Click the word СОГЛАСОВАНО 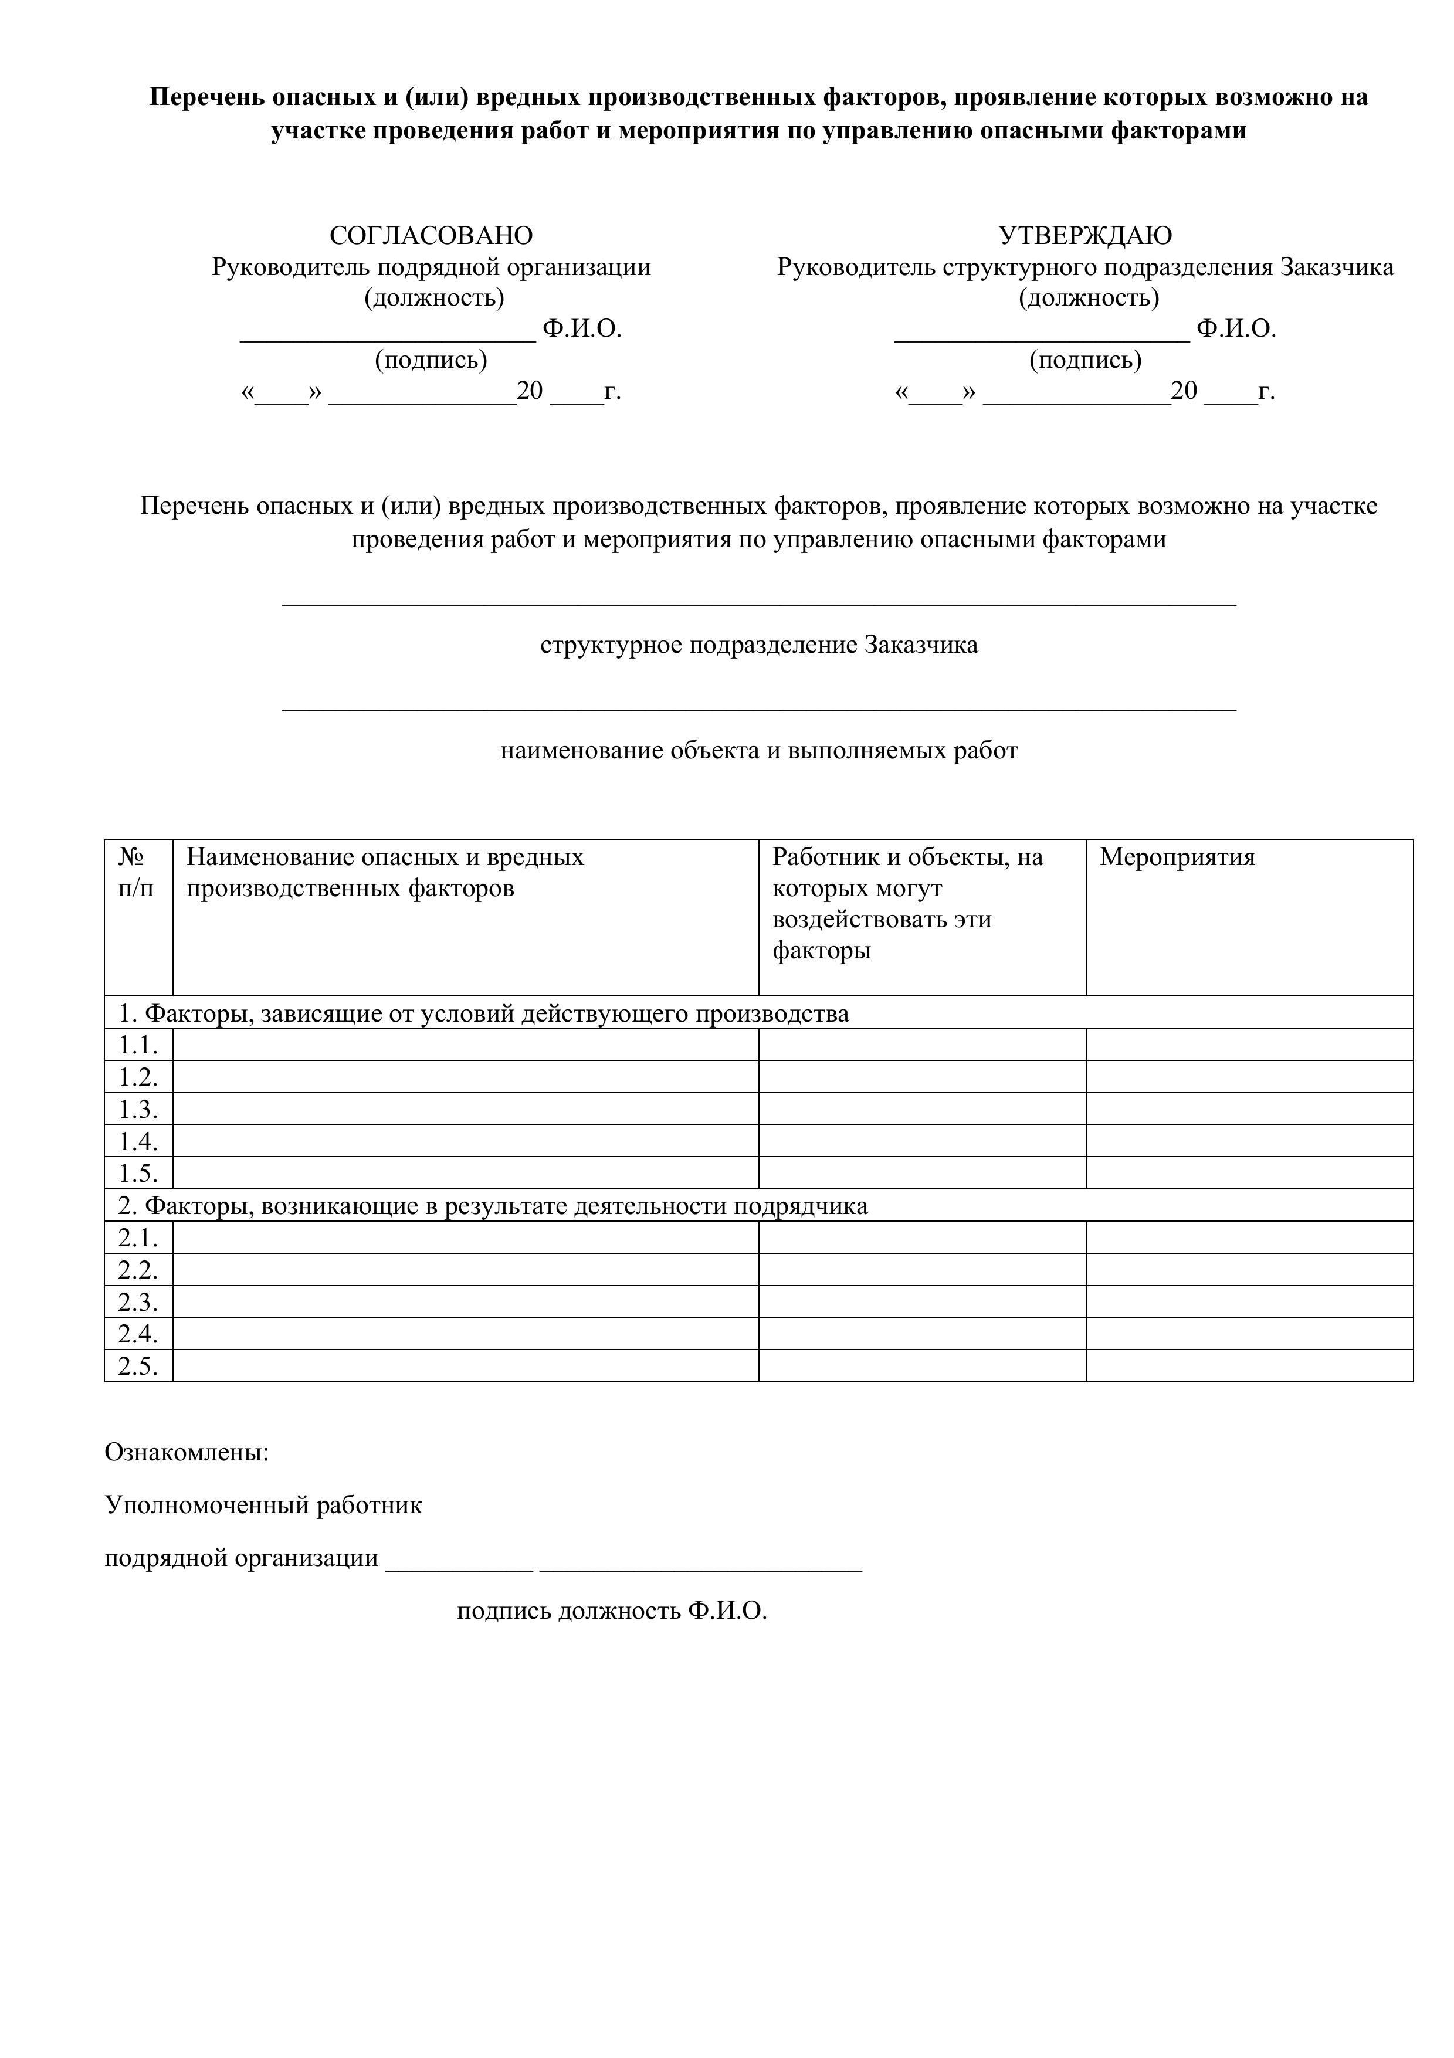click(x=431, y=236)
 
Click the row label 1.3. click(x=138, y=1110)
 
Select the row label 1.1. click(x=138, y=1045)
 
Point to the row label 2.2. click(x=138, y=1270)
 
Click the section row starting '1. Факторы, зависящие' click(x=484, y=1014)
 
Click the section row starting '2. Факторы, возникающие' click(x=493, y=1206)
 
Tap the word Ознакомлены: click(x=187, y=1452)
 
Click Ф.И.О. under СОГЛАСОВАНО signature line click(x=582, y=329)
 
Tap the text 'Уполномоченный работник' click(x=263, y=1505)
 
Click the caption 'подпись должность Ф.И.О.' click(x=612, y=1611)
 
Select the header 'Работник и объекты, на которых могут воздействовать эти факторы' click(x=907, y=904)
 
